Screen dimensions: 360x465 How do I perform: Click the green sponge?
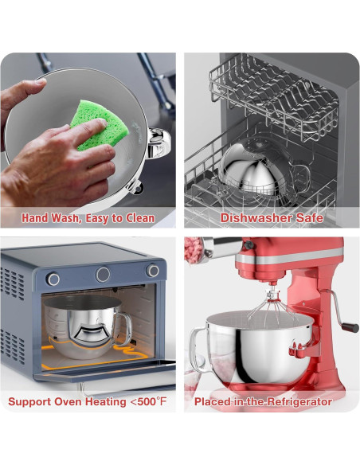[x=100, y=125]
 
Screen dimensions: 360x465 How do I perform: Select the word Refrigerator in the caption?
[x=299, y=402]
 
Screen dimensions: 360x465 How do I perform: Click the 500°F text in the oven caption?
[x=154, y=401]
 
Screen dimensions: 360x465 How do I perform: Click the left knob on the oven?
[x=53, y=279]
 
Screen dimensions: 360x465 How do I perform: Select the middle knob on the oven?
[x=103, y=275]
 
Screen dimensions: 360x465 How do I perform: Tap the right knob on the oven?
[x=153, y=271]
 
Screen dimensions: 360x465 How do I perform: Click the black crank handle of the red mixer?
[x=350, y=327]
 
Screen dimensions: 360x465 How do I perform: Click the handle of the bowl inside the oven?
[x=125, y=329]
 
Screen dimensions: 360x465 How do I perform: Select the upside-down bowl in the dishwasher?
[x=260, y=169]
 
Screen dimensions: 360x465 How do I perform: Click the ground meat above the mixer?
[x=193, y=250]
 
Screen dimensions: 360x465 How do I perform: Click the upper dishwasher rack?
[x=273, y=95]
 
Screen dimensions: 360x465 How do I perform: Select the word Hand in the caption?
[x=35, y=218]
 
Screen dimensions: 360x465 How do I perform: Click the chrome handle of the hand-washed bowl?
[x=159, y=143]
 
